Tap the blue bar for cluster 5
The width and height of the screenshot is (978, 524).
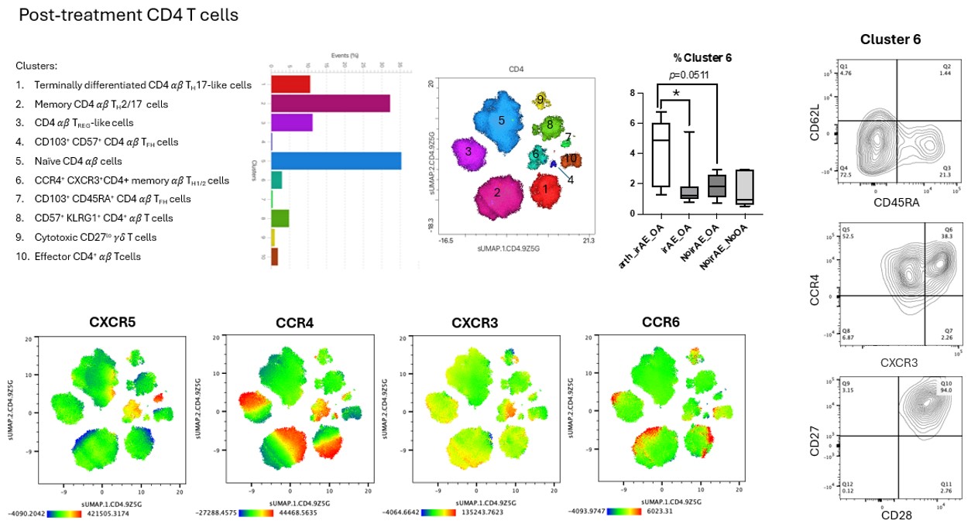click(336, 160)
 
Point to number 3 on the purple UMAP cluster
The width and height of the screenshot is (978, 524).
click(468, 152)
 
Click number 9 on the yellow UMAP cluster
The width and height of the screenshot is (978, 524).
click(540, 99)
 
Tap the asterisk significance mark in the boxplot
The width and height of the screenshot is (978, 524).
click(676, 94)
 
